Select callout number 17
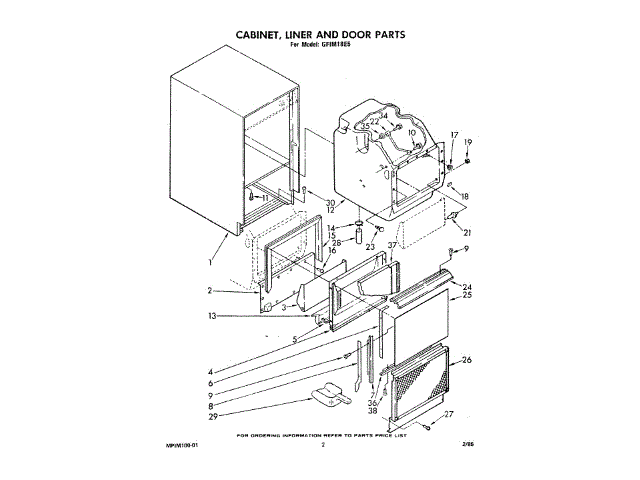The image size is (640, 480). (453, 135)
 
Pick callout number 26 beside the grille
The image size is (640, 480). (467, 362)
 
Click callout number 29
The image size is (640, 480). (213, 412)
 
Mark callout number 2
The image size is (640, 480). (212, 291)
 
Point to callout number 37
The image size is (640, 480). (393, 243)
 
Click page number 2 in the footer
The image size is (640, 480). (323, 446)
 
